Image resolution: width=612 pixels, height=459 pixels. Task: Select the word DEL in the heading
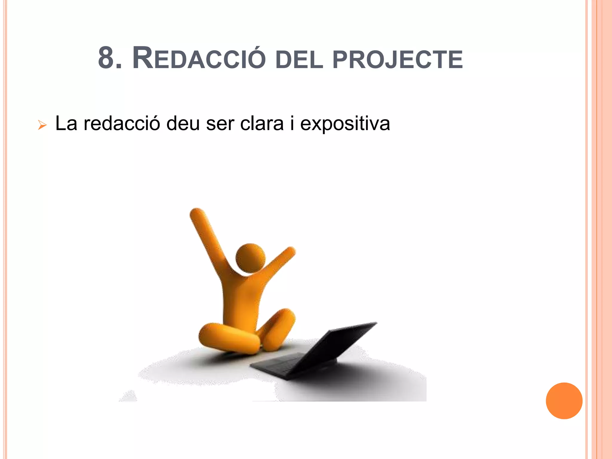299,59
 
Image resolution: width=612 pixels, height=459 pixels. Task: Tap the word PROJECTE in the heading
397,59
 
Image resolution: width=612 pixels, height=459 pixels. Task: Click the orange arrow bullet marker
42,125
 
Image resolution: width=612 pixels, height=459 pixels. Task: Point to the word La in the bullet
66,123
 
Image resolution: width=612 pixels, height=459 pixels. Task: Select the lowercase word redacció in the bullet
122,123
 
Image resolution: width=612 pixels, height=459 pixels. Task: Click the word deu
183,123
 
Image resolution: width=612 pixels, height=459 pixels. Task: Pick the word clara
262,123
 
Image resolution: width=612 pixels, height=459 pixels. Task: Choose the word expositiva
345,124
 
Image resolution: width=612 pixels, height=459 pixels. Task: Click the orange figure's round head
250,258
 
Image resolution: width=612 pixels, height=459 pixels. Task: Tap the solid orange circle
564,401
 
